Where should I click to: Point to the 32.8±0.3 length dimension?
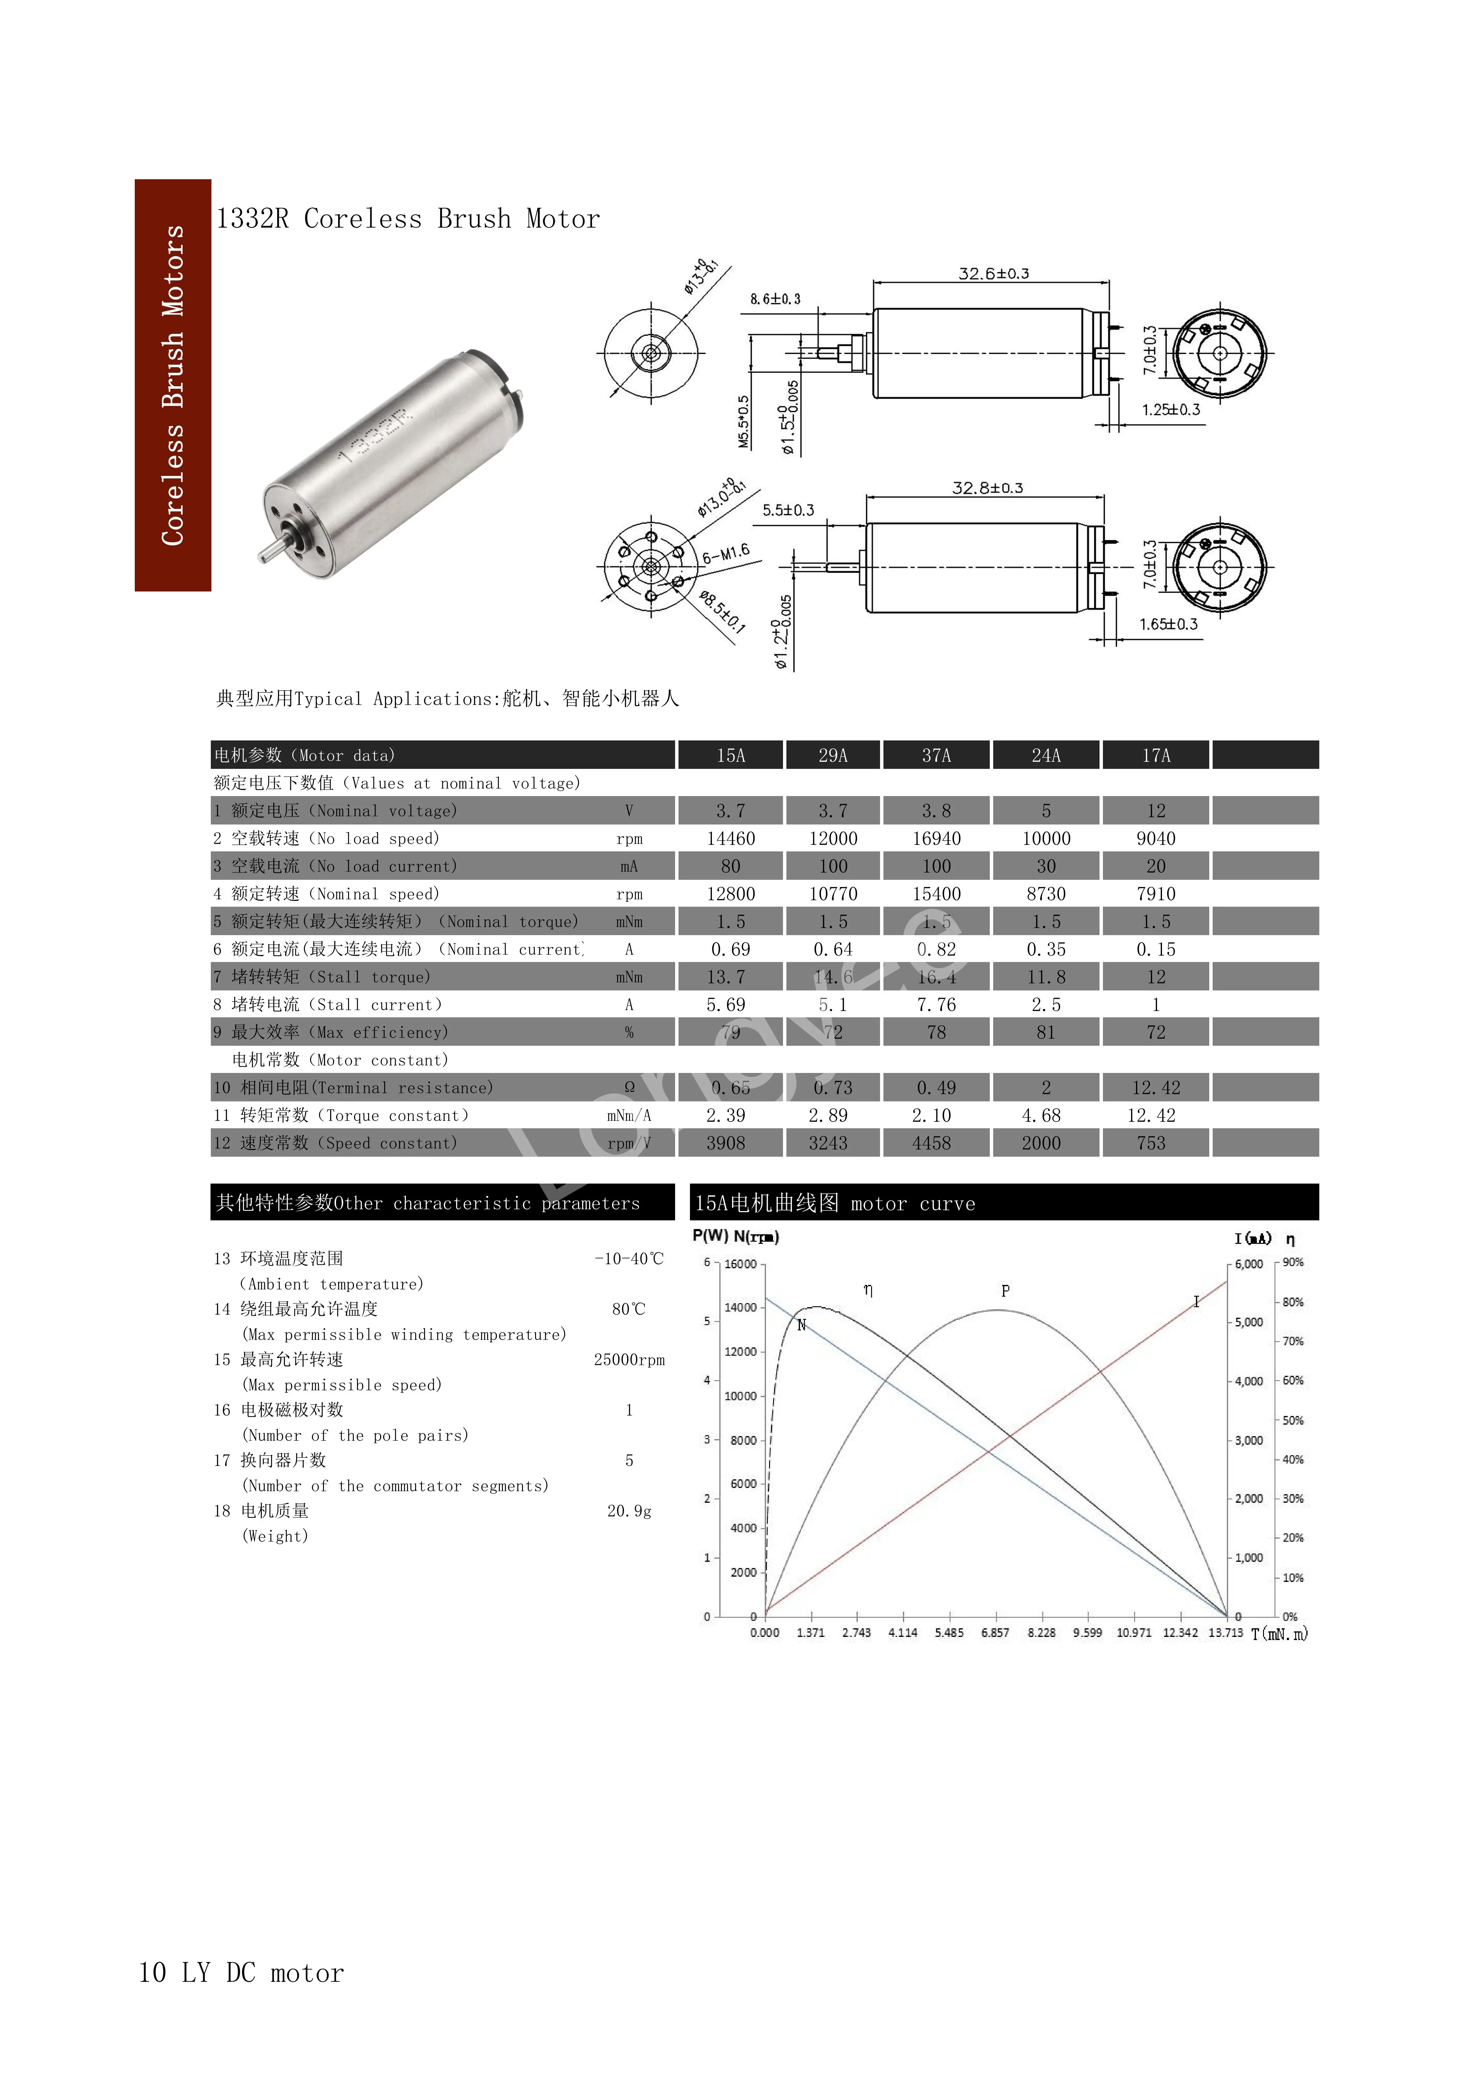[987, 488]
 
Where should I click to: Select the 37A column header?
[936, 755]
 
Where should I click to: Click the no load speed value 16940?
[936, 838]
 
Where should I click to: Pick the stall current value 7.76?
[936, 1004]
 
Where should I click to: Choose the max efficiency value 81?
[1046, 1032]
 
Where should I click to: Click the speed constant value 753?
[1151, 1143]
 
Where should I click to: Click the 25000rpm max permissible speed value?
[629, 1359]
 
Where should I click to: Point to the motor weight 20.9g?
[629, 1511]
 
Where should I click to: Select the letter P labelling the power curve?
[1005, 1291]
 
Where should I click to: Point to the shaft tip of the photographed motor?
[264, 557]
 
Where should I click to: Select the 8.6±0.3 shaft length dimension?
[775, 299]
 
